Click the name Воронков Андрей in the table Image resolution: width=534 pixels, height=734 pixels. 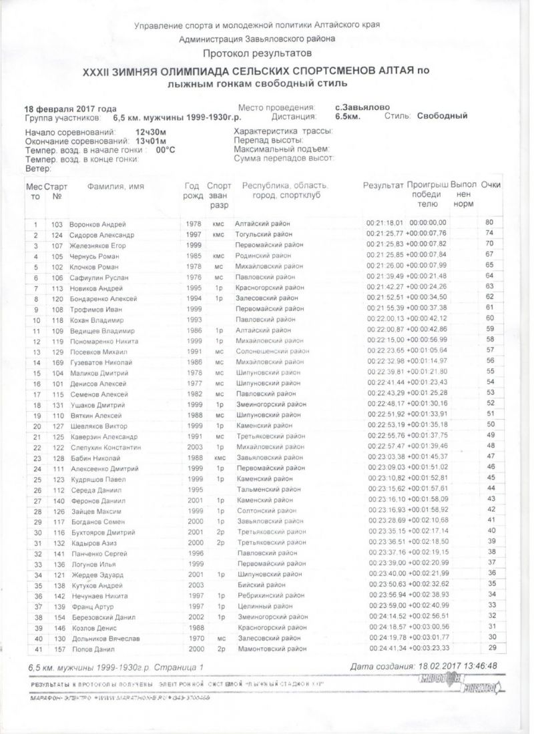click(97, 224)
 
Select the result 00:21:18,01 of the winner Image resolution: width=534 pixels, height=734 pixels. click(385, 222)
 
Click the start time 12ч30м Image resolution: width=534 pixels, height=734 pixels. click(150, 133)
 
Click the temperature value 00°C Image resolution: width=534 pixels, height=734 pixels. click(166, 150)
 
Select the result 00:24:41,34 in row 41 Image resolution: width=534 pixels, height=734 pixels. click(386, 648)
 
